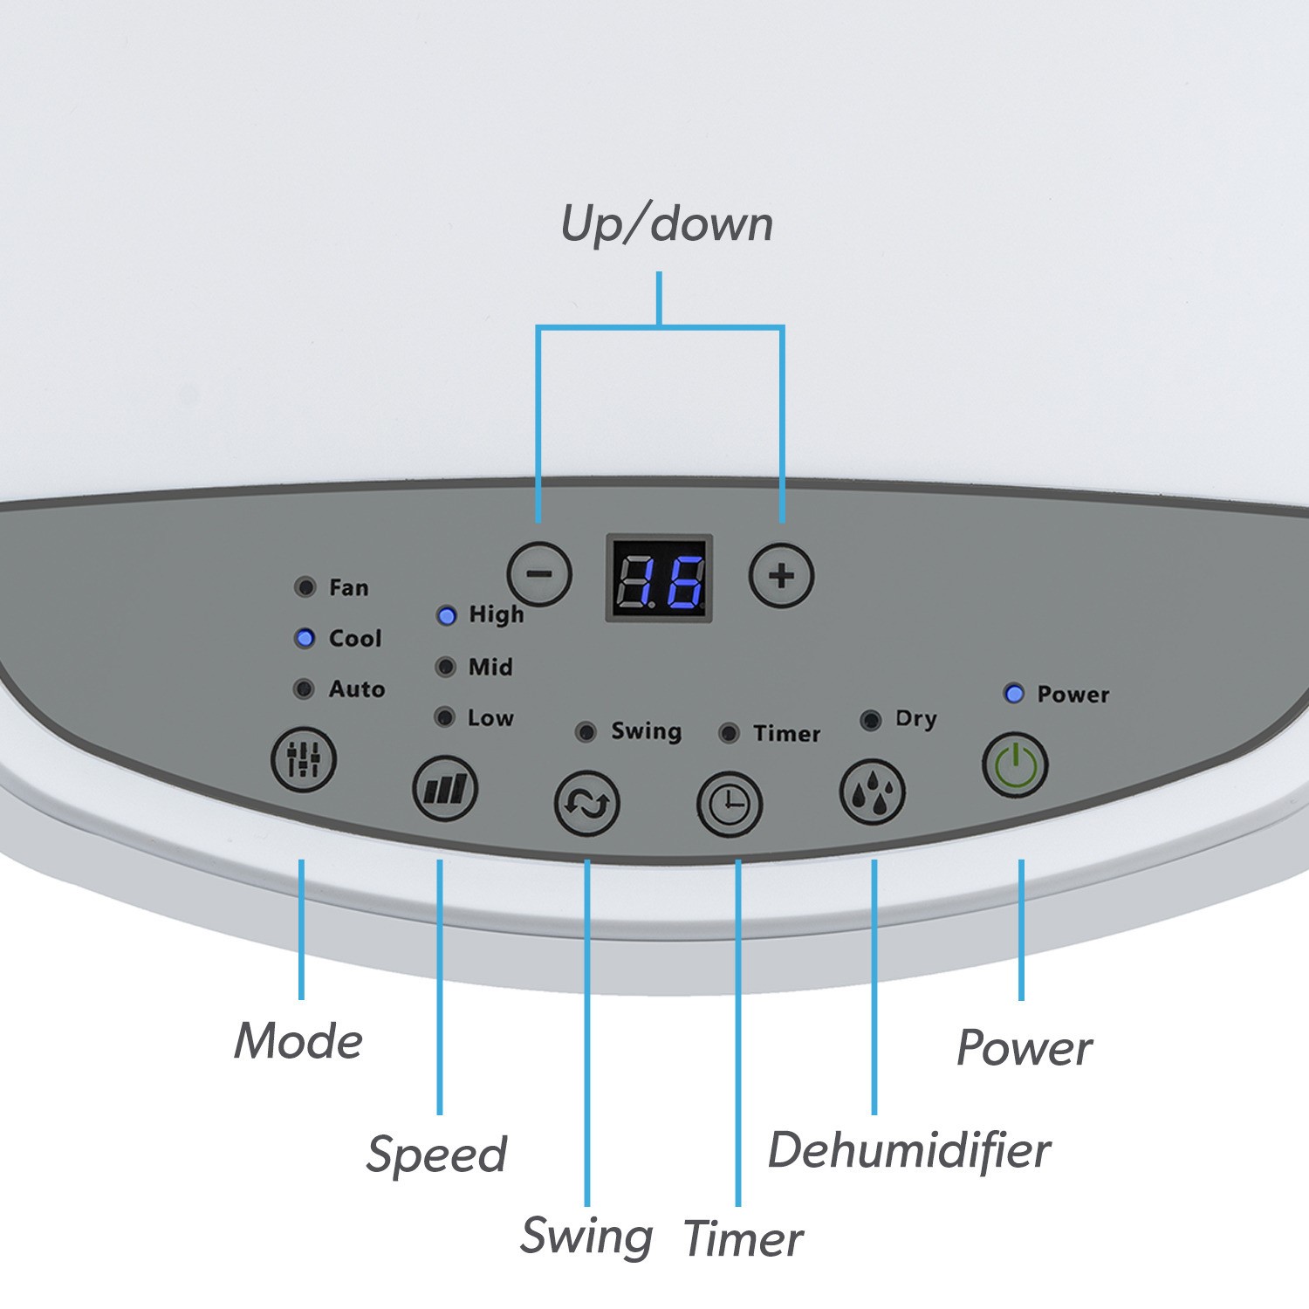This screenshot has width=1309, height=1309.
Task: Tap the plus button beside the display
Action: pos(782,576)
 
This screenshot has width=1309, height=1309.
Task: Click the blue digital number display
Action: pos(660,578)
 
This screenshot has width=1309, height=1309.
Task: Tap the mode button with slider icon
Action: pos(303,759)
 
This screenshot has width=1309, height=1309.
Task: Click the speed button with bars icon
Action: pos(445,789)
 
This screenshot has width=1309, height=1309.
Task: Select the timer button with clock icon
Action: pos(730,804)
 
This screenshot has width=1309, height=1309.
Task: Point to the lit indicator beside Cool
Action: pos(305,638)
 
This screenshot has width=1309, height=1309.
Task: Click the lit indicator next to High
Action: pos(446,616)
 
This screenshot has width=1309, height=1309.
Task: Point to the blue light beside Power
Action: pos(1014,694)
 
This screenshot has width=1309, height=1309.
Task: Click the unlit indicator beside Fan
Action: pos(305,587)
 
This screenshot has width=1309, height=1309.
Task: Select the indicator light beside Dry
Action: pos(870,720)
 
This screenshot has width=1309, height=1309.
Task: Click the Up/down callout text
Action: pos(667,223)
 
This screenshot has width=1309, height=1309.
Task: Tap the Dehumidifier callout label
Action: pos(909,1149)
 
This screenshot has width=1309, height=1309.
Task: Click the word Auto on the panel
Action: pos(357,689)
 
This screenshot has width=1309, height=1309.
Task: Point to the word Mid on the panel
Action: pos(490,668)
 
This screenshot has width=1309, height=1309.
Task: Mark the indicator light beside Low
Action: pos(445,717)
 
